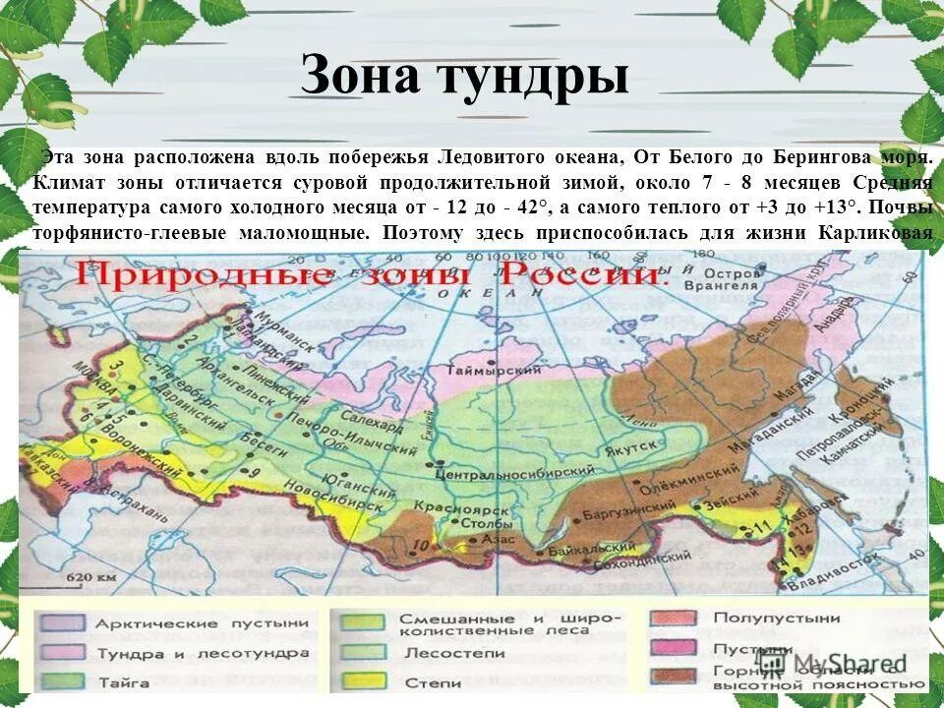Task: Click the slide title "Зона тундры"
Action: pos(463,76)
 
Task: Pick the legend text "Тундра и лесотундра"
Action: pos(202,653)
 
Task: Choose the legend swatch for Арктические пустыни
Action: pos(63,622)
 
